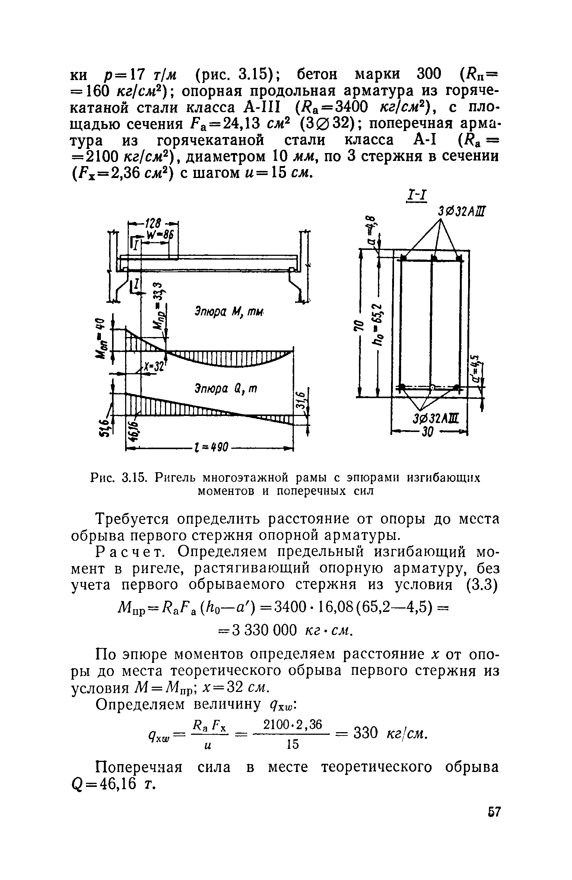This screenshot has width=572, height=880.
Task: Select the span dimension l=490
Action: [211, 447]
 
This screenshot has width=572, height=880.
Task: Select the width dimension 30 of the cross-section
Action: [427, 433]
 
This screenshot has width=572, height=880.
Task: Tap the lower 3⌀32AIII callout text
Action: [435, 419]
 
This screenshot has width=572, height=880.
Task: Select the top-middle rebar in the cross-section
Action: [433, 258]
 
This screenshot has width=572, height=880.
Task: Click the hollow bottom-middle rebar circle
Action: [432, 387]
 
